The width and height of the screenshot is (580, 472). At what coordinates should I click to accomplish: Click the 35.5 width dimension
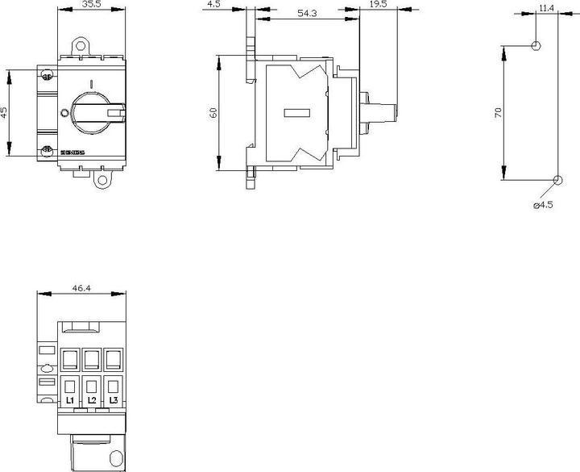tap(91, 5)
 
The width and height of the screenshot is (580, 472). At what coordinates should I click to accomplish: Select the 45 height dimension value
tap(5, 112)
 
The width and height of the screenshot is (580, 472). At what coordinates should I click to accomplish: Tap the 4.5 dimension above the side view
tap(213, 5)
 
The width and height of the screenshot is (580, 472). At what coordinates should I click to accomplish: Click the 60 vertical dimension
tap(213, 112)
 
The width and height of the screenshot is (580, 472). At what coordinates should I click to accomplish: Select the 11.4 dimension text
tap(546, 8)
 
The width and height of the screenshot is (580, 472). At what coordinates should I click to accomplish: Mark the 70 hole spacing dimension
tap(498, 112)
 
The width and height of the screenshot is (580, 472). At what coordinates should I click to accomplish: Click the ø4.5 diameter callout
tap(543, 205)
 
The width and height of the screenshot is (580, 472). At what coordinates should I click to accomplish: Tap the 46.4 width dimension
tap(81, 286)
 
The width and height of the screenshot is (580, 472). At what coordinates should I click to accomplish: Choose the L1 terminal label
tap(70, 401)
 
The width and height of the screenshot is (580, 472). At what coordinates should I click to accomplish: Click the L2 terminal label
tap(91, 401)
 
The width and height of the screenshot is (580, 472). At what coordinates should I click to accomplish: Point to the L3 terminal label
tap(112, 401)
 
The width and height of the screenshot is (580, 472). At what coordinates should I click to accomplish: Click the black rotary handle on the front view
tap(93, 111)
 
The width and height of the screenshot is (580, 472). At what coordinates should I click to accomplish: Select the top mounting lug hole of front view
tap(81, 47)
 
